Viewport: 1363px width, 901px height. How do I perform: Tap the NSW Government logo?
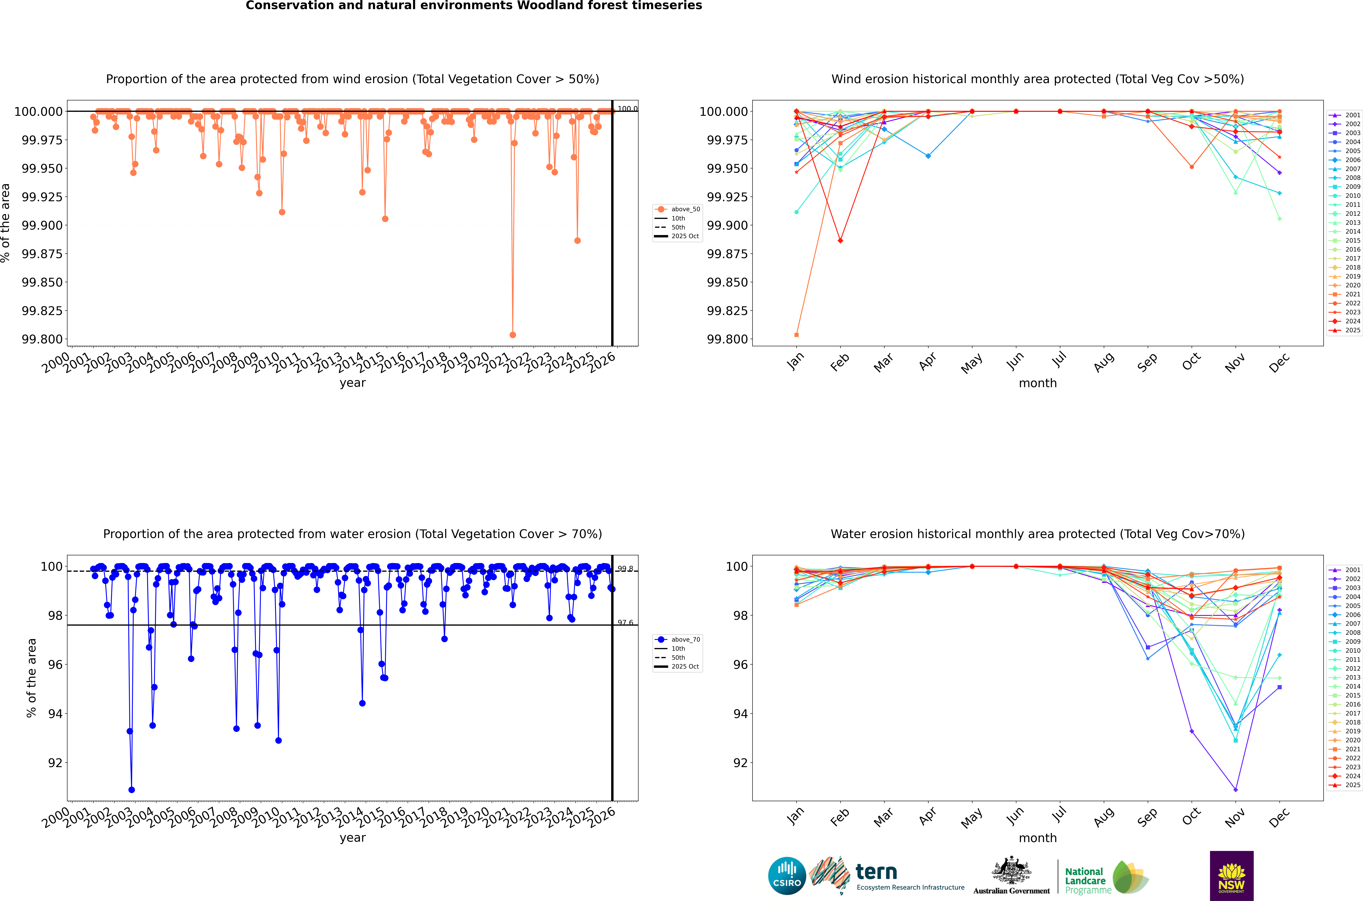1232,876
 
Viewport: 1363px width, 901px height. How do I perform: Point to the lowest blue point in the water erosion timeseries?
131,789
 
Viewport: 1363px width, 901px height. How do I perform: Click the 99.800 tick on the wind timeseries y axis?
42,339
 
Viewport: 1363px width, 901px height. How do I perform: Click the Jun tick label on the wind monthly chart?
1015,361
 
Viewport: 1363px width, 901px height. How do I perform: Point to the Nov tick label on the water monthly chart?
1234,816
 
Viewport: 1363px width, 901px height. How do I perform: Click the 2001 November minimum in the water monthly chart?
1236,789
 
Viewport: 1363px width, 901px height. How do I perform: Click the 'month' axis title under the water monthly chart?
1037,838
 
